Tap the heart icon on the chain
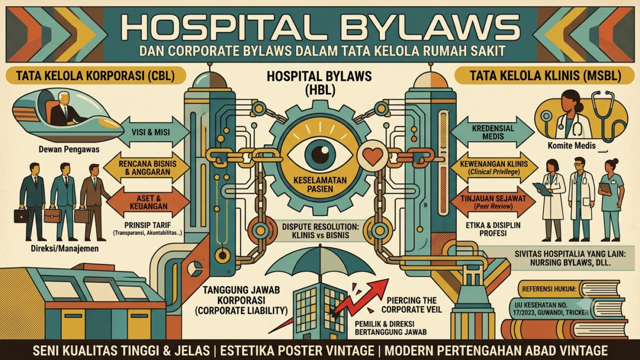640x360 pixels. click(x=373, y=157)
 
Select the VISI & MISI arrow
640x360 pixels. click(x=150, y=132)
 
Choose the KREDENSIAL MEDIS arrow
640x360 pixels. click(x=492, y=132)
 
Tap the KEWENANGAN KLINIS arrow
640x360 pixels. click(x=493, y=167)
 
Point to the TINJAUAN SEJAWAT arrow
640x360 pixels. click(x=493, y=202)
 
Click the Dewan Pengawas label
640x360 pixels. click(x=69, y=149)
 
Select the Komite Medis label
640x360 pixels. click(x=571, y=145)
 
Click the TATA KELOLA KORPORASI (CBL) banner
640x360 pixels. click(x=96, y=76)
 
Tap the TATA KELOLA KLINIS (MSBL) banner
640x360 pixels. click(x=544, y=76)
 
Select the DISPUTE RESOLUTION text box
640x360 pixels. click(x=321, y=230)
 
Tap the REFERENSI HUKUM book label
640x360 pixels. click(x=550, y=289)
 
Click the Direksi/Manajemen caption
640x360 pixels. click(x=64, y=248)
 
